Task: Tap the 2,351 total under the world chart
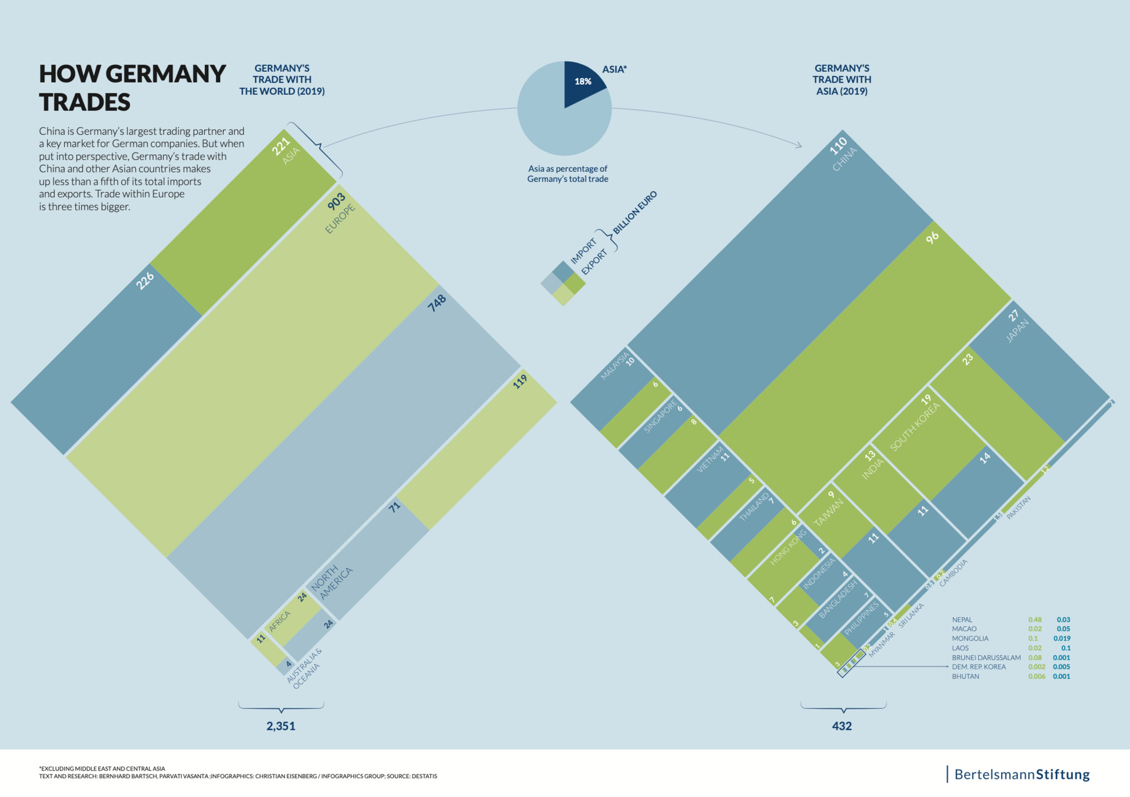(281, 726)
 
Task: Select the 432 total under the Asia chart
(842, 726)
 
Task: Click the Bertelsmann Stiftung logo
(1021, 774)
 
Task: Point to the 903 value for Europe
(336, 202)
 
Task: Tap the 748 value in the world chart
(437, 303)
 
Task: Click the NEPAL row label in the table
(962, 619)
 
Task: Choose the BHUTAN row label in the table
(965, 676)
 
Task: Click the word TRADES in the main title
(85, 102)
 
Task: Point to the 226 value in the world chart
(145, 281)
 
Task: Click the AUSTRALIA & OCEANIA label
(304, 669)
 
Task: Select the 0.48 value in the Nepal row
(1035, 619)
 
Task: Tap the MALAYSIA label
(614, 366)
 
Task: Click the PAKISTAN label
(1018, 507)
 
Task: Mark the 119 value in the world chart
(520, 382)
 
